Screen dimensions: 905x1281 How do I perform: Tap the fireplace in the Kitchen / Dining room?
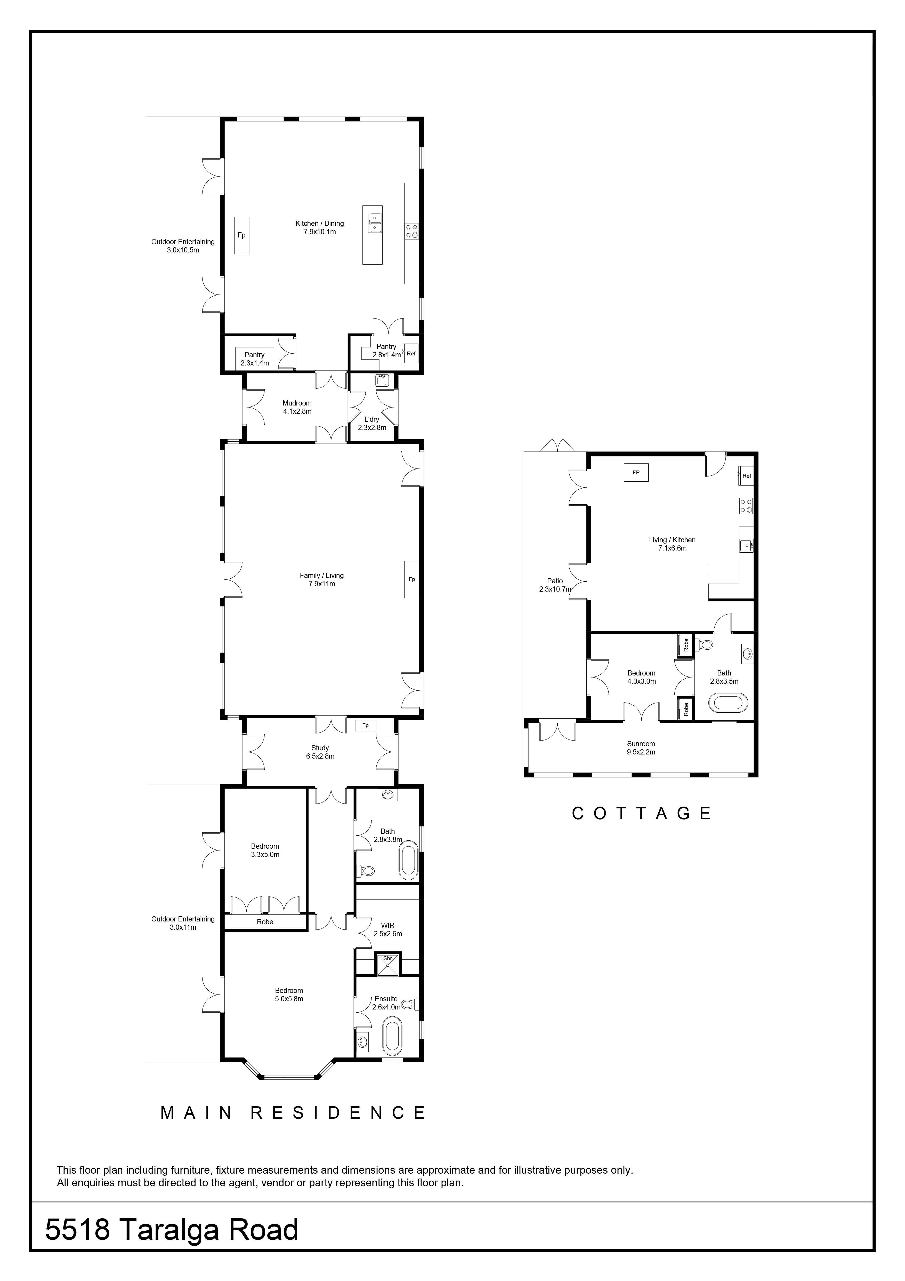pyautogui.click(x=241, y=235)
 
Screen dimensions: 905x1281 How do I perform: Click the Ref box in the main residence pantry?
pyautogui.click(x=411, y=353)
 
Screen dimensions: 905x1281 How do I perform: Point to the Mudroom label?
pyautogui.click(x=297, y=403)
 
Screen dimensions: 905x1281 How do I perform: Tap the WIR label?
pyautogui.click(x=388, y=925)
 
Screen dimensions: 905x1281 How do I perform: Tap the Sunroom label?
pyautogui.click(x=641, y=744)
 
